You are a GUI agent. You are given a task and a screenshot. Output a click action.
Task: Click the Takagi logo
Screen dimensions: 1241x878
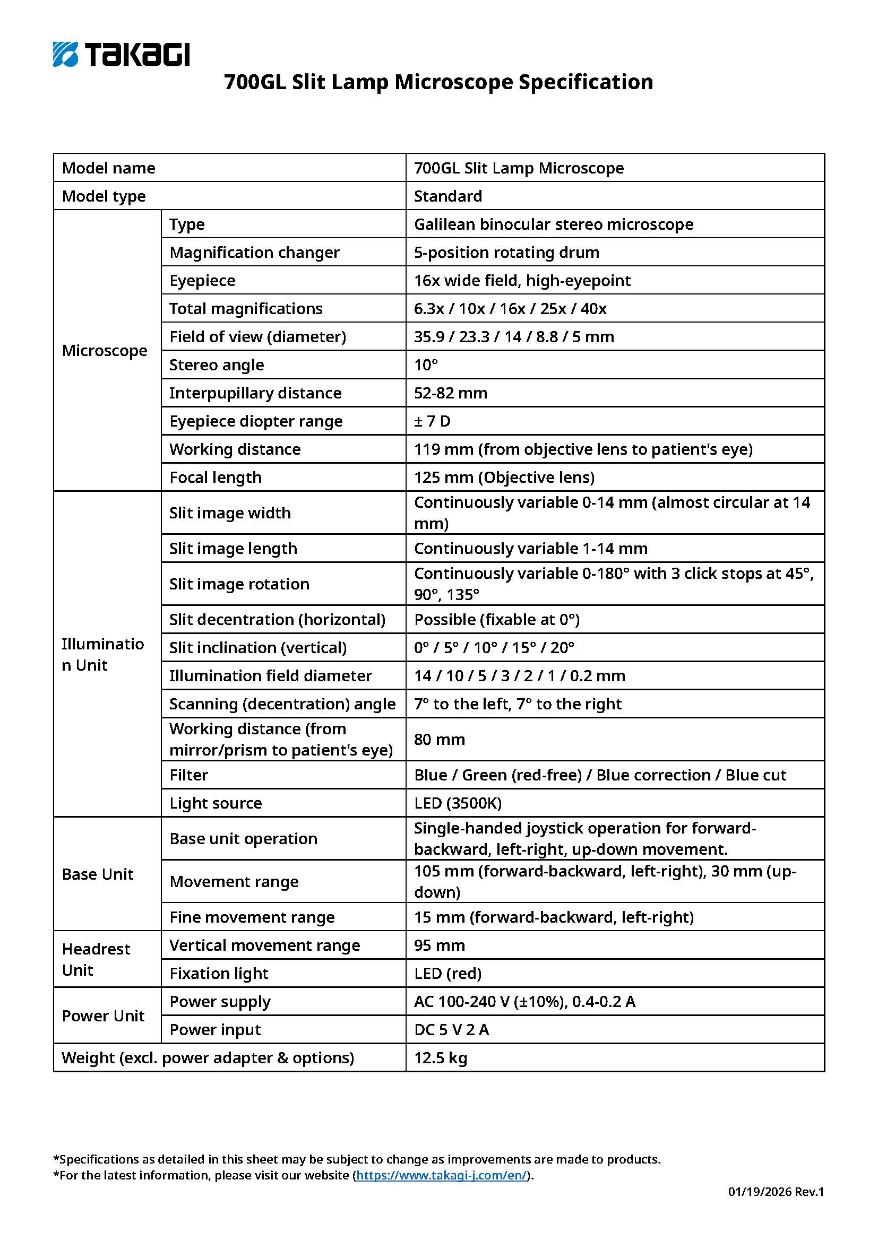[x=121, y=54]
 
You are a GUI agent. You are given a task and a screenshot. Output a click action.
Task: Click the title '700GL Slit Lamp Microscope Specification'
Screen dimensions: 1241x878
[x=438, y=82]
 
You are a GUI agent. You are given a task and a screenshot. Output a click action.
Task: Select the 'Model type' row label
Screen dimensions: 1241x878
[x=104, y=196]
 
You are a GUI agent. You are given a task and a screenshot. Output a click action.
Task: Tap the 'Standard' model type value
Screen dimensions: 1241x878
[x=447, y=196]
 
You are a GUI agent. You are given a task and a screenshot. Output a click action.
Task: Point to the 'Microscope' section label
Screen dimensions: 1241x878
[x=105, y=350]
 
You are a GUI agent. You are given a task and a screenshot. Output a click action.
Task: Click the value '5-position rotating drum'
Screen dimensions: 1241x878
[x=506, y=252]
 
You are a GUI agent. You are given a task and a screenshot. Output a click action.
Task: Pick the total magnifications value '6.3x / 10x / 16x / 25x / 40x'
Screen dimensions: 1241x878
[x=510, y=308]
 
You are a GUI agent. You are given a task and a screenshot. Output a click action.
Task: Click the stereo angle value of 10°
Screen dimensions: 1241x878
[x=426, y=365]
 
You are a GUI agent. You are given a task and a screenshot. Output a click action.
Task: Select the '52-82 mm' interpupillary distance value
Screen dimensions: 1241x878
[x=450, y=393]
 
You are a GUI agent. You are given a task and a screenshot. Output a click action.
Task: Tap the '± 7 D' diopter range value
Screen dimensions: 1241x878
[x=432, y=421]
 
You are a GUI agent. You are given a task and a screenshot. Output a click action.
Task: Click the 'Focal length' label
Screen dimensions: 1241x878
[x=215, y=477]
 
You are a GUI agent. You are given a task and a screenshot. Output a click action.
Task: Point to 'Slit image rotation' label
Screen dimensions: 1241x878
[x=239, y=584]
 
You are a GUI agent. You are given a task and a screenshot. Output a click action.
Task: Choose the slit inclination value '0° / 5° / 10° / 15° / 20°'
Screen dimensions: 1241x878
[x=494, y=647]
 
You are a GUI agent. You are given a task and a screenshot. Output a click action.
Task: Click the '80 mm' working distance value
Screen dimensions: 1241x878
[x=439, y=739]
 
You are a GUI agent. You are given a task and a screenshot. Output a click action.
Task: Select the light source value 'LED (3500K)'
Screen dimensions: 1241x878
[x=458, y=803]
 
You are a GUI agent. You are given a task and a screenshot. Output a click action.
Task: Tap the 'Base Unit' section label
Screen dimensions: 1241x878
[x=97, y=874]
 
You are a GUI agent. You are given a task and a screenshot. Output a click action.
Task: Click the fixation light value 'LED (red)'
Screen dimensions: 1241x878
[x=447, y=973]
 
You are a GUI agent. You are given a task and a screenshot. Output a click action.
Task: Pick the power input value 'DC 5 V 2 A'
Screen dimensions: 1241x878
[x=451, y=1029]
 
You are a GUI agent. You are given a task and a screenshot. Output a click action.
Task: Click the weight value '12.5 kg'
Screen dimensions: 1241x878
[x=440, y=1057]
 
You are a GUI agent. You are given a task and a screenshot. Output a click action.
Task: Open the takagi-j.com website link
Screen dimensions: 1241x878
[x=441, y=1175]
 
